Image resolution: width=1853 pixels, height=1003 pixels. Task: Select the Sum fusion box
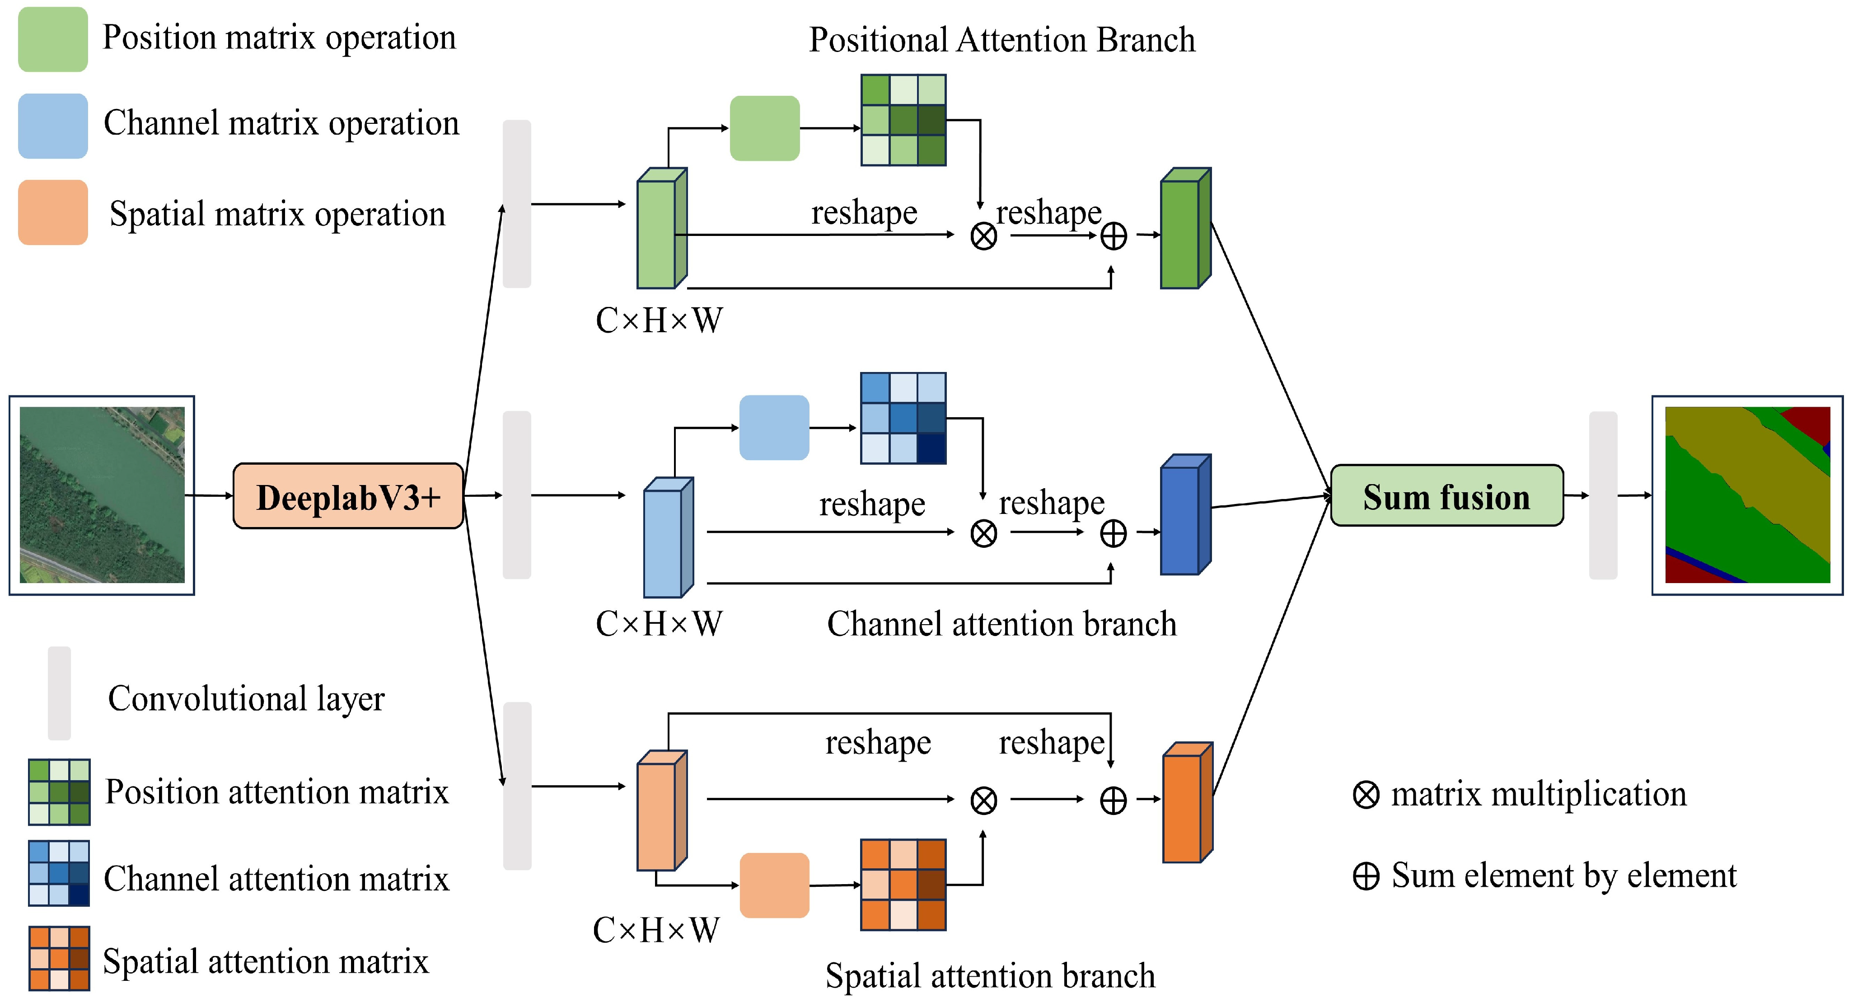pyautogui.click(x=1446, y=496)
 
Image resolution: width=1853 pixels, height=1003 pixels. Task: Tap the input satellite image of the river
pyautogui.click(x=102, y=495)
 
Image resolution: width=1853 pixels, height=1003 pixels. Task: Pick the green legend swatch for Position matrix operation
pyautogui.click(x=52, y=40)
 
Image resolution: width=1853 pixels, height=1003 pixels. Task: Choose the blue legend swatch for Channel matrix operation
pyautogui.click(x=52, y=126)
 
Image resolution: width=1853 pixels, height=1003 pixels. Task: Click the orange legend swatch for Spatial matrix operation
pyautogui.click(x=52, y=212)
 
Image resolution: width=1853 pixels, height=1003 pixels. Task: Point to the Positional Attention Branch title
pyautogui.click(x=1001, y=40)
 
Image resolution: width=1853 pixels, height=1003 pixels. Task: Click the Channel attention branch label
pyautogui.click(x=1001, y=624)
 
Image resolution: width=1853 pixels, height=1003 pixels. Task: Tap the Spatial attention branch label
pyautogui.click(x=990, y=976)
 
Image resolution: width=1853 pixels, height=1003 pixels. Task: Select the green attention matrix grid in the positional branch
pyautogui.click(x=903, y=120)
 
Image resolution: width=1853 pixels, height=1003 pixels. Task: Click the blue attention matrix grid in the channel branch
pyautogui.click(x=903, y=418)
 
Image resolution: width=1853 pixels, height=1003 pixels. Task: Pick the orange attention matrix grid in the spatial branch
pyautogui.click(x=903, y=885)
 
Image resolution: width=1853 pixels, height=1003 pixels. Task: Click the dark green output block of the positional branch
pyautogui.click(x=1185, y=229)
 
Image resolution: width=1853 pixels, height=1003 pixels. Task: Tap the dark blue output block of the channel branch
pyautogui.click(x=1185, y=515)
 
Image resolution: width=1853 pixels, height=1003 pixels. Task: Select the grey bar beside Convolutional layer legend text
pyautogui.click(x=59, y=693)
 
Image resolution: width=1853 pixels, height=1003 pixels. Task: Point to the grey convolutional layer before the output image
pyautogui.click(x=1603, y=495)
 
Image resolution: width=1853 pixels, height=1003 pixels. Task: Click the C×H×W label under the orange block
pyautogui.click(x=655, y=930)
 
